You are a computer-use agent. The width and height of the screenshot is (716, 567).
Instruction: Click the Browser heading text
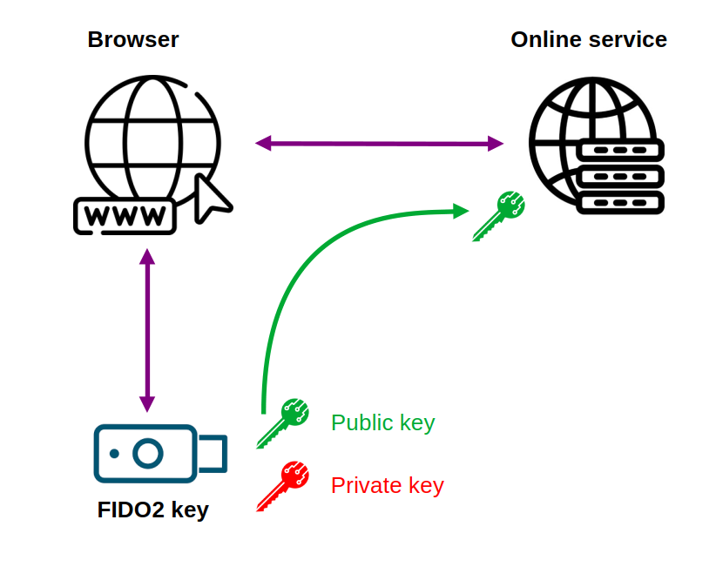(x=133, y=39)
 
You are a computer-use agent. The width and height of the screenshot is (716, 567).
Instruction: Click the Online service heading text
(x=589, y=39)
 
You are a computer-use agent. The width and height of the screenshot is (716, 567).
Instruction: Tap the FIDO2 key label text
(x=153, y=510)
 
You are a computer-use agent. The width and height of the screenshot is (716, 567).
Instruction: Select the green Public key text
(x=382, y=423)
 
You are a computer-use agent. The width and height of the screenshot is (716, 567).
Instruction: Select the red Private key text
(x=387, y=485)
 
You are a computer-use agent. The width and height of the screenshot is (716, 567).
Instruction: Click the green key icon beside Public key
(x=283, y=423)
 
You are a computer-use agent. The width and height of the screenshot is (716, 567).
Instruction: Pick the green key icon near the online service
(x=498, y=216)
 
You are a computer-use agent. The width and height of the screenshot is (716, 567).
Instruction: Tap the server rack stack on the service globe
(x=621, y=177)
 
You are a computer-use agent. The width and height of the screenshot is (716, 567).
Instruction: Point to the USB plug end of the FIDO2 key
(x=213, y=453)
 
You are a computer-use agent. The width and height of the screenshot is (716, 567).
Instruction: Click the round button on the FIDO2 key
(x=148, y=453)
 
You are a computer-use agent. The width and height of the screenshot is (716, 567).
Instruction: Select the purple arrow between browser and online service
(x=379, y=143)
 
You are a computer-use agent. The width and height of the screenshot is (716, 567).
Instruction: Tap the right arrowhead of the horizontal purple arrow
(x=496, y=143)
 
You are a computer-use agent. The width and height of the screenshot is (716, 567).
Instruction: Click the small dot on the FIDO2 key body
(x=114, y=453)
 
